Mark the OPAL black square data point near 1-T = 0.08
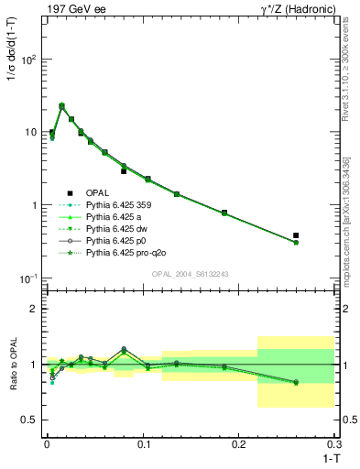point(124,171)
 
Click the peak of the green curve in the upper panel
point(61,105)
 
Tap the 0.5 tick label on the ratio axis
point(30,420)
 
